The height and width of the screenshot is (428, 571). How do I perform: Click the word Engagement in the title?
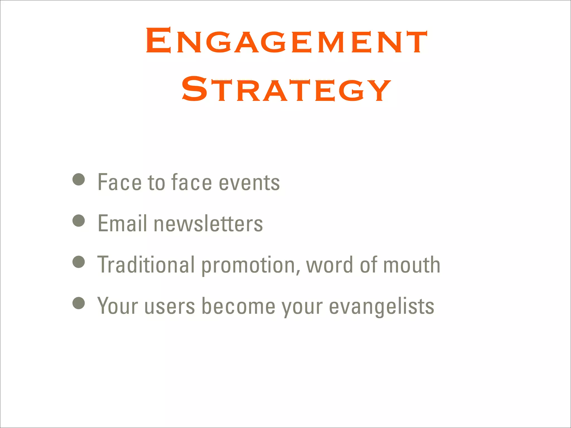[286, 41]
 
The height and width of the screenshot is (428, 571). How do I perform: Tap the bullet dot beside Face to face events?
[79, 179]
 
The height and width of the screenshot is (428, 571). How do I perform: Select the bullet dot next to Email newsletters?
[79, 221]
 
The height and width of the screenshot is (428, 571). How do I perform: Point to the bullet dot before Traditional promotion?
[79, 262]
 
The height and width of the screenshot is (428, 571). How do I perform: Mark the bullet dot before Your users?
[79, 303]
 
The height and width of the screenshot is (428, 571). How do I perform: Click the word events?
[249, 183]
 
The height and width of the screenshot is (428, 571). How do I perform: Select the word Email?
[122, 223]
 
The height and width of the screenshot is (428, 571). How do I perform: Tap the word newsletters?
[208, 223]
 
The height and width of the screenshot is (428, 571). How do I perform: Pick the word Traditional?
[146, 265]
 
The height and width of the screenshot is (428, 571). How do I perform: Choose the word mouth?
[412, 265]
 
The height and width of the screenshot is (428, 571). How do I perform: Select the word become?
[238, 306]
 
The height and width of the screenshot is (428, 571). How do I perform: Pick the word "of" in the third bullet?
[368, 265]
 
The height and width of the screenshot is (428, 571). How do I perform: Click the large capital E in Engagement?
[158, 40]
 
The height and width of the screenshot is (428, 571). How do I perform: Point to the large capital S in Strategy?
[195, 89]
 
